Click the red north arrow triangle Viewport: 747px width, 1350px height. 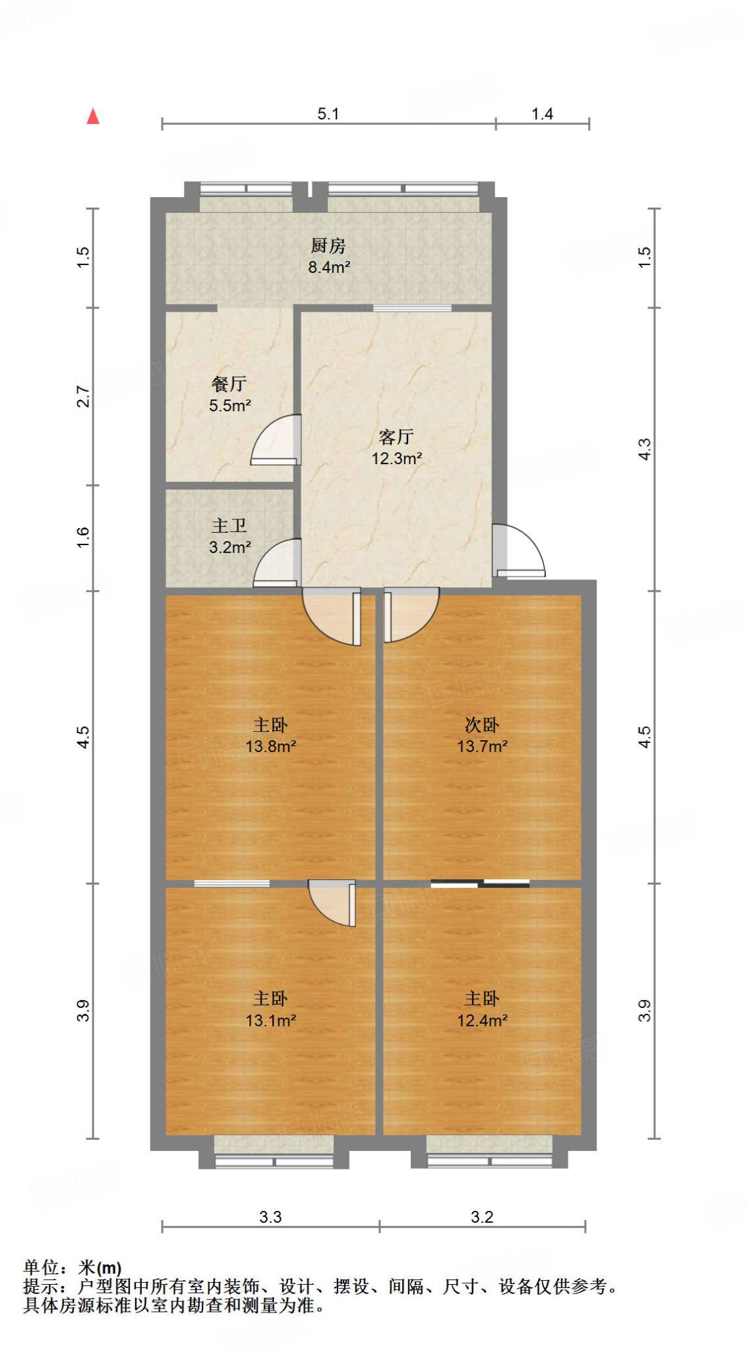[x=93, y=117]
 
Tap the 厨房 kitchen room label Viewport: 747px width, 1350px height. [x=328, y=246]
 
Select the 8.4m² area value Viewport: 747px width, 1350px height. [x=328, y=267]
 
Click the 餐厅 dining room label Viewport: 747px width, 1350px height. [x=229, y=384]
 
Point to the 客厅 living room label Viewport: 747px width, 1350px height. [x=396, y=436]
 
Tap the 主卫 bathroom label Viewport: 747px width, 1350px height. [x=229, y=525]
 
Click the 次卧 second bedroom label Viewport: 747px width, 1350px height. [x=481, y=725]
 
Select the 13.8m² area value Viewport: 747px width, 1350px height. [x=270, y=746]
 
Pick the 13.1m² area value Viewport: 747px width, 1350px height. [x=270, y=1020]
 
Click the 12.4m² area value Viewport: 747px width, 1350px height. [x=482, y=1020]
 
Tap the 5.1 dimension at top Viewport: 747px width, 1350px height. [x=328, y=114]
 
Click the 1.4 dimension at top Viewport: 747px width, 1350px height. [x=542, y=114]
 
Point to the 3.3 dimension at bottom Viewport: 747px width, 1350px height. [x=270, y=1217]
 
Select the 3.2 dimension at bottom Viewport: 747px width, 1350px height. [x=481, y=1217]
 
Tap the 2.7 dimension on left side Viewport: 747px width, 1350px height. [x=83, y=396]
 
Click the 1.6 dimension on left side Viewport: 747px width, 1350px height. [x=83, y=537]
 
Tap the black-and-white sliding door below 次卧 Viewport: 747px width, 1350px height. [x=480, y=884]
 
